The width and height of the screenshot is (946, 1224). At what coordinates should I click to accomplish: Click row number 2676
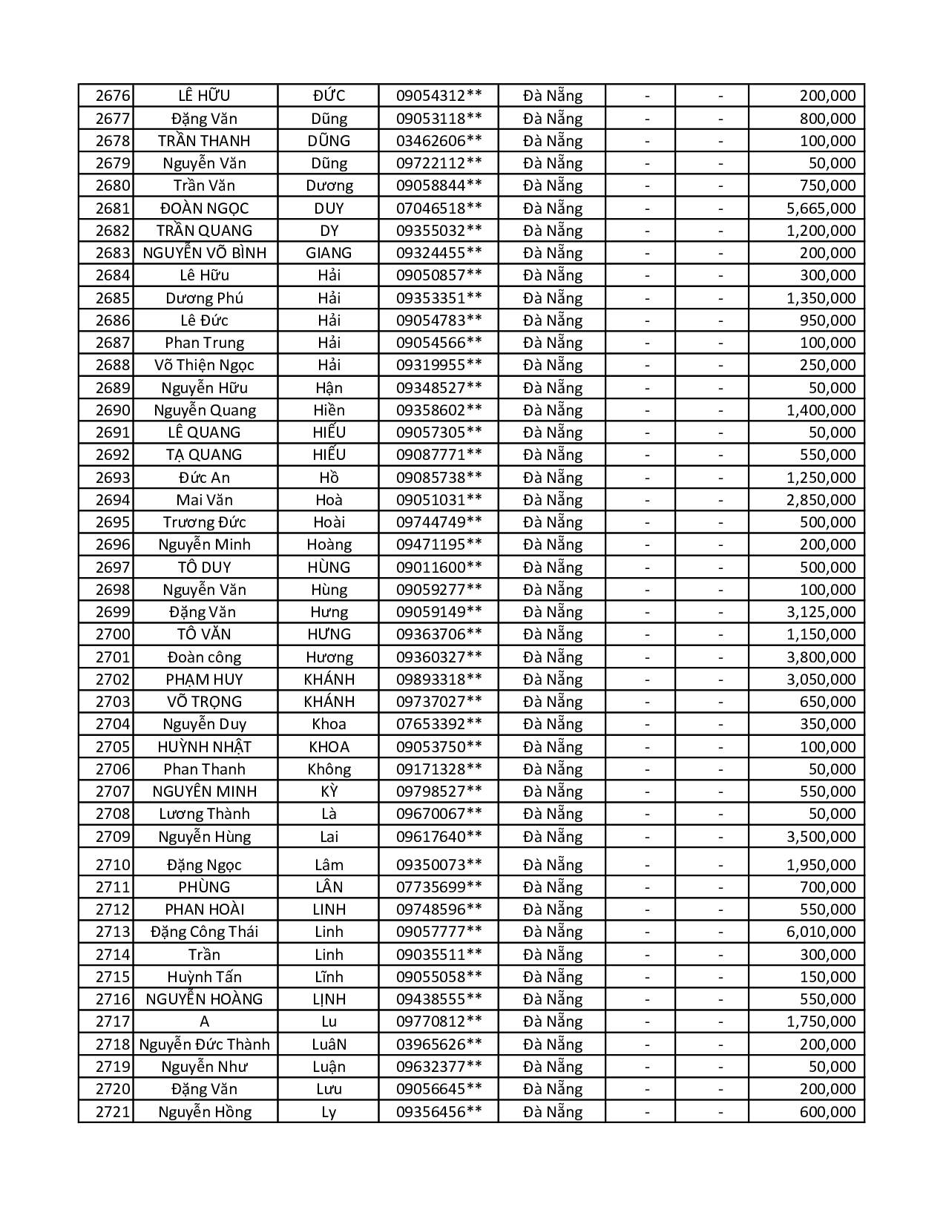point(113,96)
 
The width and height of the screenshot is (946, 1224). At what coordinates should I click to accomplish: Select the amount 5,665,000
point(821,208)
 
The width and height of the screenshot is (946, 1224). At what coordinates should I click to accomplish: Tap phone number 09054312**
point(438,96)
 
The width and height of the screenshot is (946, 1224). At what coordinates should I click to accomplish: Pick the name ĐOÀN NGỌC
point(204,208)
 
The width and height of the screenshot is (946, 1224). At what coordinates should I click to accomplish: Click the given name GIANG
point(329,253)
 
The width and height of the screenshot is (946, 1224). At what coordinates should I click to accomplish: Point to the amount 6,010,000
point(821,932)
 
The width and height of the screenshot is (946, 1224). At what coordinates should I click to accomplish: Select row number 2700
point(113,634)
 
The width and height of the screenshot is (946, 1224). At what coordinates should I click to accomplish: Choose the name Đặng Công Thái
point(204,932)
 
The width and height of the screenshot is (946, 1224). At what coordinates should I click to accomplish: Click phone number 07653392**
point(438,724)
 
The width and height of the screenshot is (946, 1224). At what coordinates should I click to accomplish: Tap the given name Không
point(329,769)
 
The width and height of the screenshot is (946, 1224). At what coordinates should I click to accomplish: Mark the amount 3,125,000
point(821,612)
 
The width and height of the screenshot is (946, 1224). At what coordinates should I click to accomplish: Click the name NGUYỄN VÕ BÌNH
point(204,253)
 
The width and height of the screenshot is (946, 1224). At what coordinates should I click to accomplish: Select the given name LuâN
point(329,1044)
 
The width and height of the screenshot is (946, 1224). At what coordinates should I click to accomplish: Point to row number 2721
point(113,1112)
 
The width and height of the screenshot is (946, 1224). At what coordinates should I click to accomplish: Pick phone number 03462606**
point(438,141)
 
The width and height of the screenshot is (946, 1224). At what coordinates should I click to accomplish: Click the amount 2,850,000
point(821,500)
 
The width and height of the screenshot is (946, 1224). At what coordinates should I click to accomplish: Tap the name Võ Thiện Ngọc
point(204,365)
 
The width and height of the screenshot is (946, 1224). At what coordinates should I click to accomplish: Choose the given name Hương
point(329,657)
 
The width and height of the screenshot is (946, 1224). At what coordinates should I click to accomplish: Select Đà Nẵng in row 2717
point(553,1021)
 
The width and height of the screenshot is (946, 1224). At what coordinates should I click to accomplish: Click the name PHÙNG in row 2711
point(204,887)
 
